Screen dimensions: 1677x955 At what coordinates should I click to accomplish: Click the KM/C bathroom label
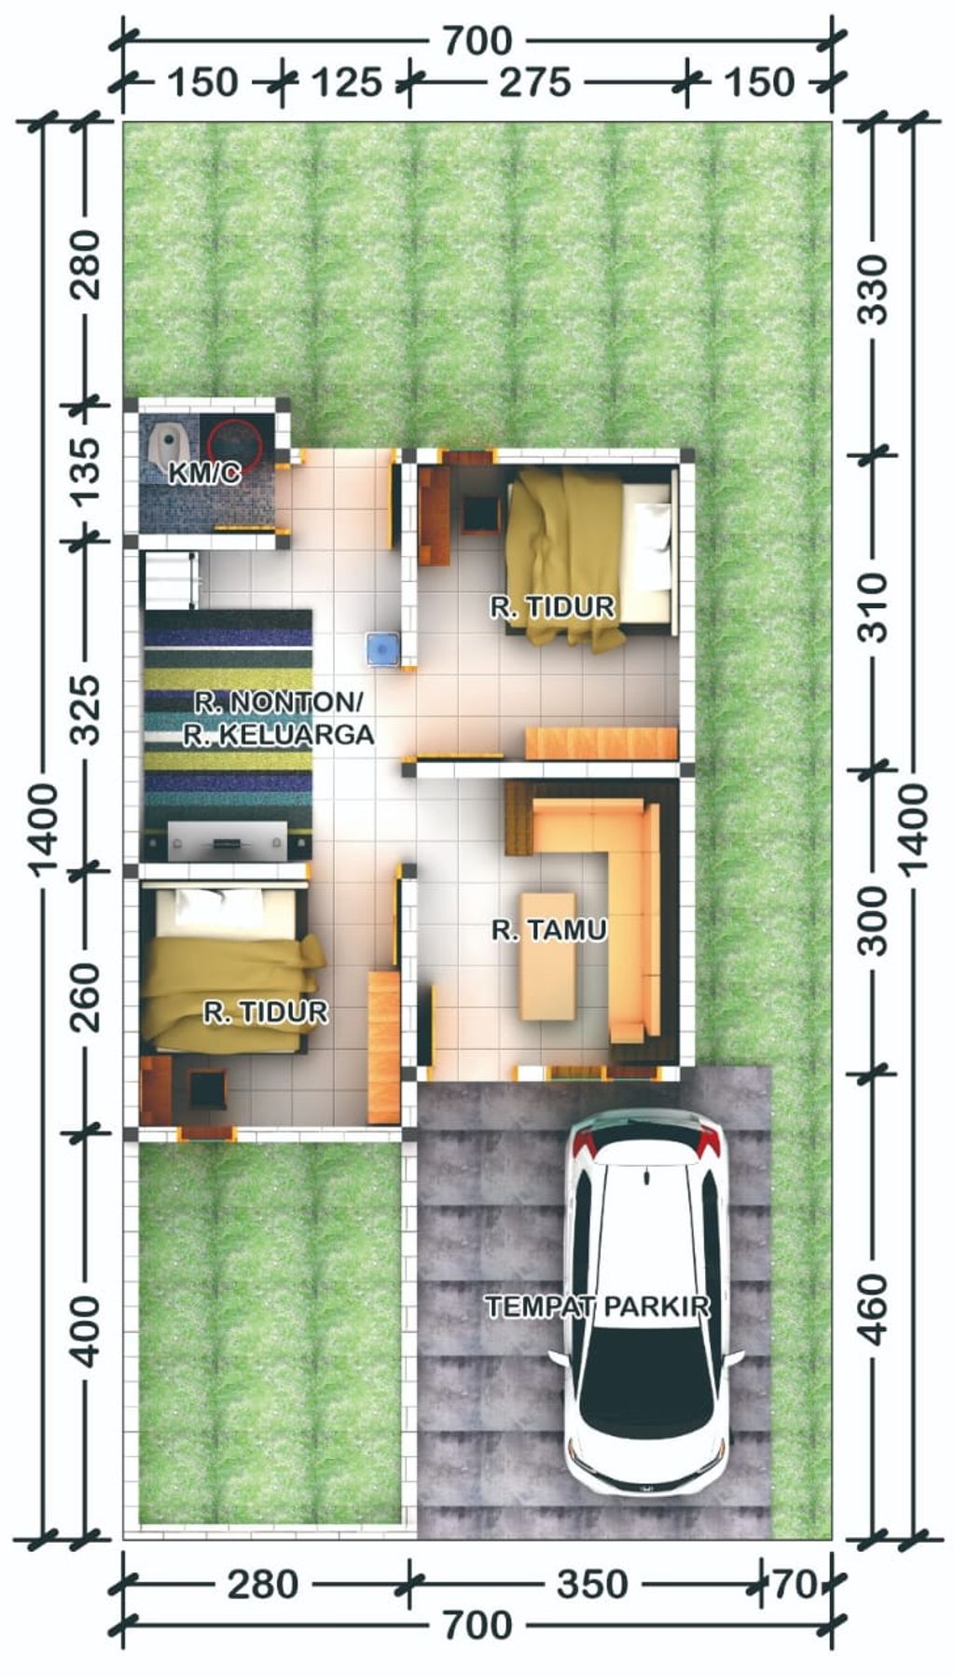click(204, 474)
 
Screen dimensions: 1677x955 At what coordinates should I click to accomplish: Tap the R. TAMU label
click(549, 929)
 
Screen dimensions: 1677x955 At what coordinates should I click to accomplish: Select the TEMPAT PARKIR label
click(598, 1306)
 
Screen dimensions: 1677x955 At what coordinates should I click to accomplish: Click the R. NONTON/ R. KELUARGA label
click(278, 718)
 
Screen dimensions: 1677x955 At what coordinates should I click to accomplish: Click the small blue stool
click(382, 648)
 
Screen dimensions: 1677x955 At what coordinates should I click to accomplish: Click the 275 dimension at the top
click(534, 82)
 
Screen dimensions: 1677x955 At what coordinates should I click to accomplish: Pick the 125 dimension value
click(346, 82)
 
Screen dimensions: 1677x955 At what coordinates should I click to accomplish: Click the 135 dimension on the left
click(86, 472)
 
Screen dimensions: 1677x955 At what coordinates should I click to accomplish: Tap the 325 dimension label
click(86, 709)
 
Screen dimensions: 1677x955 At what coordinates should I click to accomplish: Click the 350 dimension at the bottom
click(592, 1584)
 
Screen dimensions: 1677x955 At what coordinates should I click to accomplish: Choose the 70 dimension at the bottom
click(794, 1584)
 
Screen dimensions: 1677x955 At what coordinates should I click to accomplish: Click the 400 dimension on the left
click(86, 1331)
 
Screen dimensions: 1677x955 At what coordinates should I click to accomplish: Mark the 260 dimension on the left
click(86, 996)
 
